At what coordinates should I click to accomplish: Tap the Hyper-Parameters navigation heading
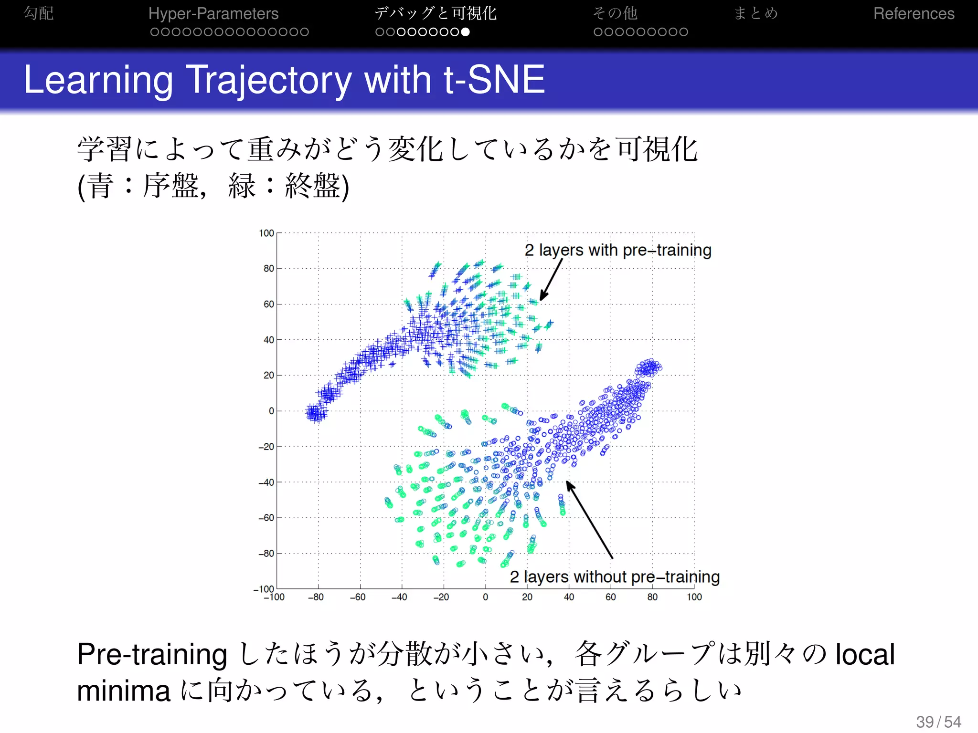(213, 13)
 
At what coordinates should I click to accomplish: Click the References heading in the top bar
(914, 13)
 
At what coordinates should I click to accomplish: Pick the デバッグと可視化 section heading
(435, 13)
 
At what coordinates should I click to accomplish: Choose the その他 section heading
(615, 13)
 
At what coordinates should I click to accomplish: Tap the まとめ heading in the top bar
(755, 13)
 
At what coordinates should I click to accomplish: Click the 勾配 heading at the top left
(39, 13)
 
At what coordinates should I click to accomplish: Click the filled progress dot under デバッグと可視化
(466, 32)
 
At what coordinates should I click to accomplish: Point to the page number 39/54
(938, 722)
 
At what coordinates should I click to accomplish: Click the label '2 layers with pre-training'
(618, 250)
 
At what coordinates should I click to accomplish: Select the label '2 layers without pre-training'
(615, 577)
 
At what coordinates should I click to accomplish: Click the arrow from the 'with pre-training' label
(551, 280)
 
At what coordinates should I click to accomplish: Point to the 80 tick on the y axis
(269, 269)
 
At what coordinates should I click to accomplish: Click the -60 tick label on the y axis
(266, 518)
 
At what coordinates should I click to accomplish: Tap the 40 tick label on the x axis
(569, 597)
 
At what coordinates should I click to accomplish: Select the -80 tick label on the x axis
(316, 597)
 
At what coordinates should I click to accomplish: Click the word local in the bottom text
(865, 654)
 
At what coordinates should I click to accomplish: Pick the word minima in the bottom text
(124, 691)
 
